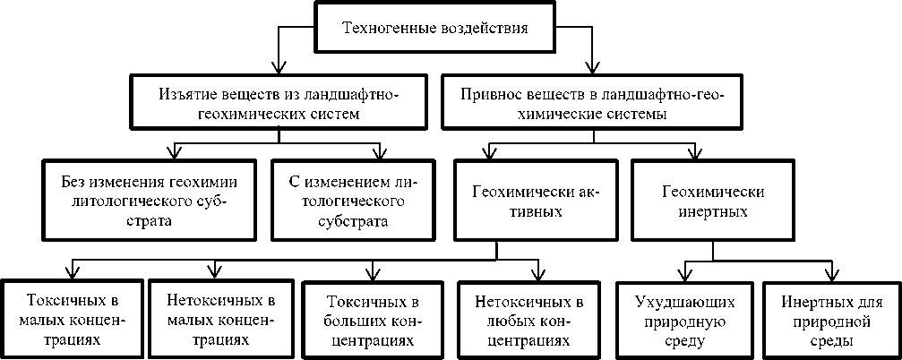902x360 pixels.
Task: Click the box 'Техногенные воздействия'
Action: [435, 28]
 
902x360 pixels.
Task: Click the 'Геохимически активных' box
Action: [535, 201]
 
